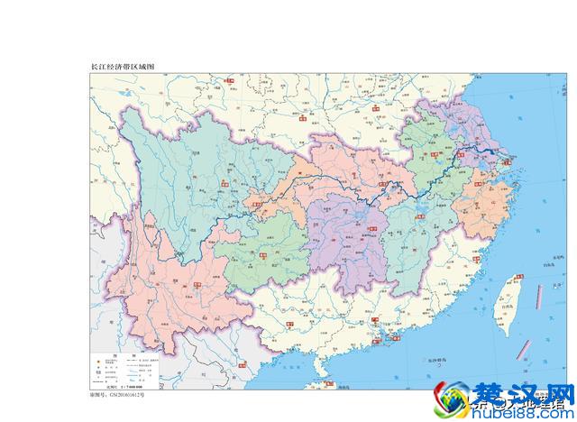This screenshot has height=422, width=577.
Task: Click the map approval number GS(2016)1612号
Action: point(117,394)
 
